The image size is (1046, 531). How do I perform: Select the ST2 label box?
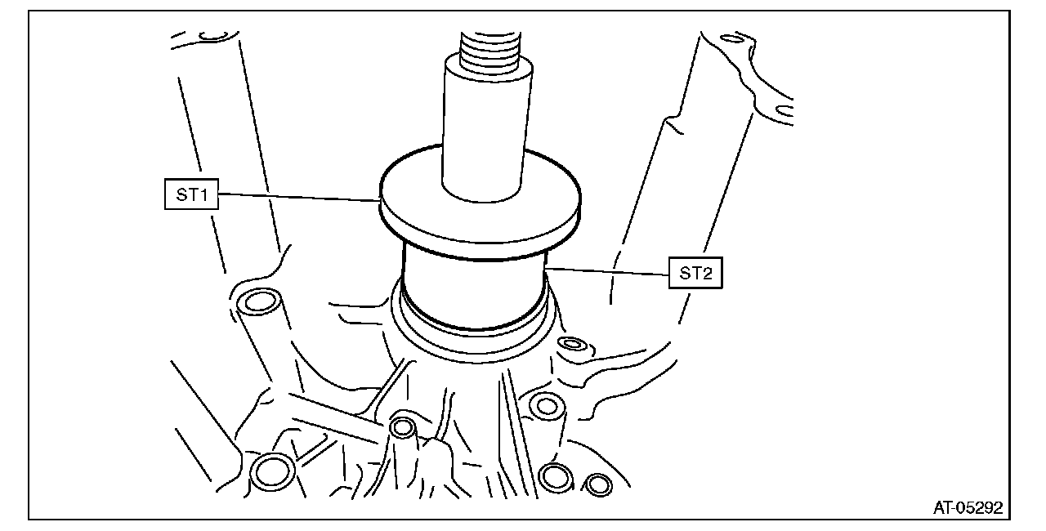[x=695, y=273]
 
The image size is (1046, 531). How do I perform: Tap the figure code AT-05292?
[x=968, y=508]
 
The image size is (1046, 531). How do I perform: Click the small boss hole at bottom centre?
[x=402, y=426]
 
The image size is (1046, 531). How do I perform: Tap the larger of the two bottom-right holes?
[x=556, y=476]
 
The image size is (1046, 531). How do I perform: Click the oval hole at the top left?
[x=214, y=35]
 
